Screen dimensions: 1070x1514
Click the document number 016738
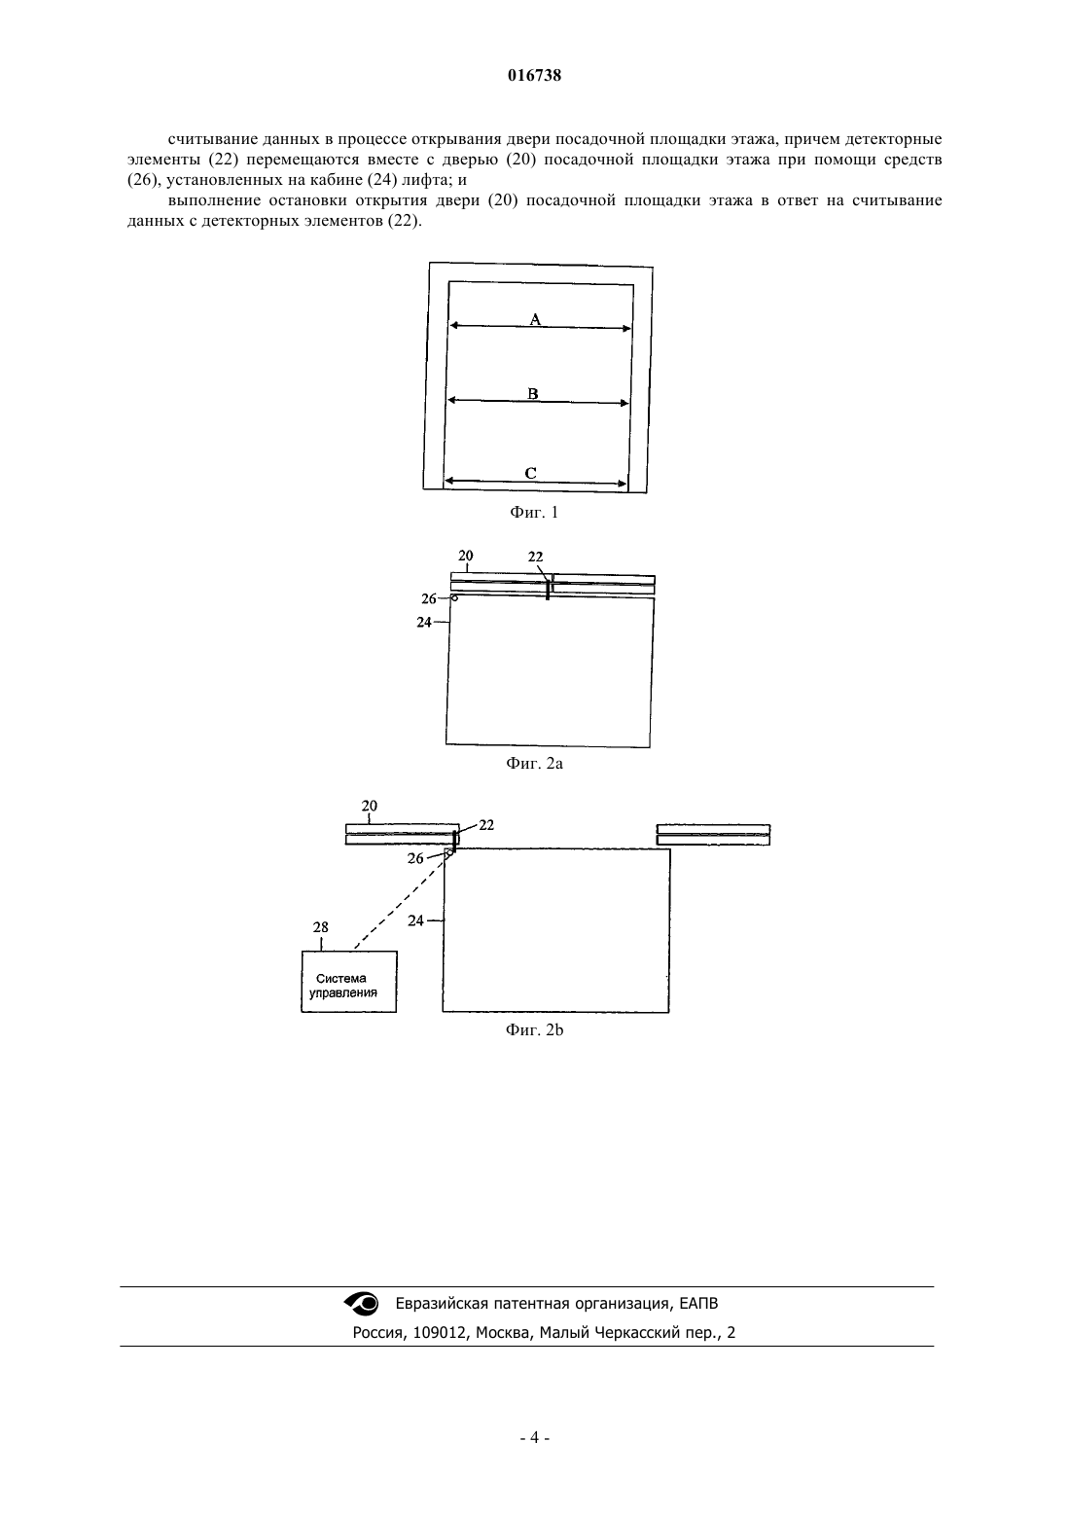coord(534,76)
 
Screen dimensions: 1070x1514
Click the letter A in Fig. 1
coord(535,319)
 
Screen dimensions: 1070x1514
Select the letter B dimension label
coord(533,393)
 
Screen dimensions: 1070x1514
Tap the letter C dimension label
coord(531,473)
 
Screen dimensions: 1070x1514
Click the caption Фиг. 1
coord(534,513)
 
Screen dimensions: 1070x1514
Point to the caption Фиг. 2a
coord(534,764)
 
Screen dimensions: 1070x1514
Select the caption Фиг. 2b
coord(534,1030)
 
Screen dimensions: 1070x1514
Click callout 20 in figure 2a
coord(465,556)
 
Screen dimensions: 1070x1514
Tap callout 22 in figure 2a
coord(535,557)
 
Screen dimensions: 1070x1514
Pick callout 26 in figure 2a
coord(429,598)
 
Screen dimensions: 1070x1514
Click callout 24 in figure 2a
coord(423,622)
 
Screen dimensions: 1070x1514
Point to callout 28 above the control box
coord(320,927)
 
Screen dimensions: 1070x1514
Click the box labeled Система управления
coord(348,982)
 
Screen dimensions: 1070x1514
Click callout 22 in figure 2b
coord(486,824)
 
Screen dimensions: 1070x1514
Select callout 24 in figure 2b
coord(415,919)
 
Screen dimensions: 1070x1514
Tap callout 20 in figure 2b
coord(369,806)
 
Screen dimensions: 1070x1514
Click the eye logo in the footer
coord(362,1304)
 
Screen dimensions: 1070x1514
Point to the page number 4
coord(534,1437)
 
